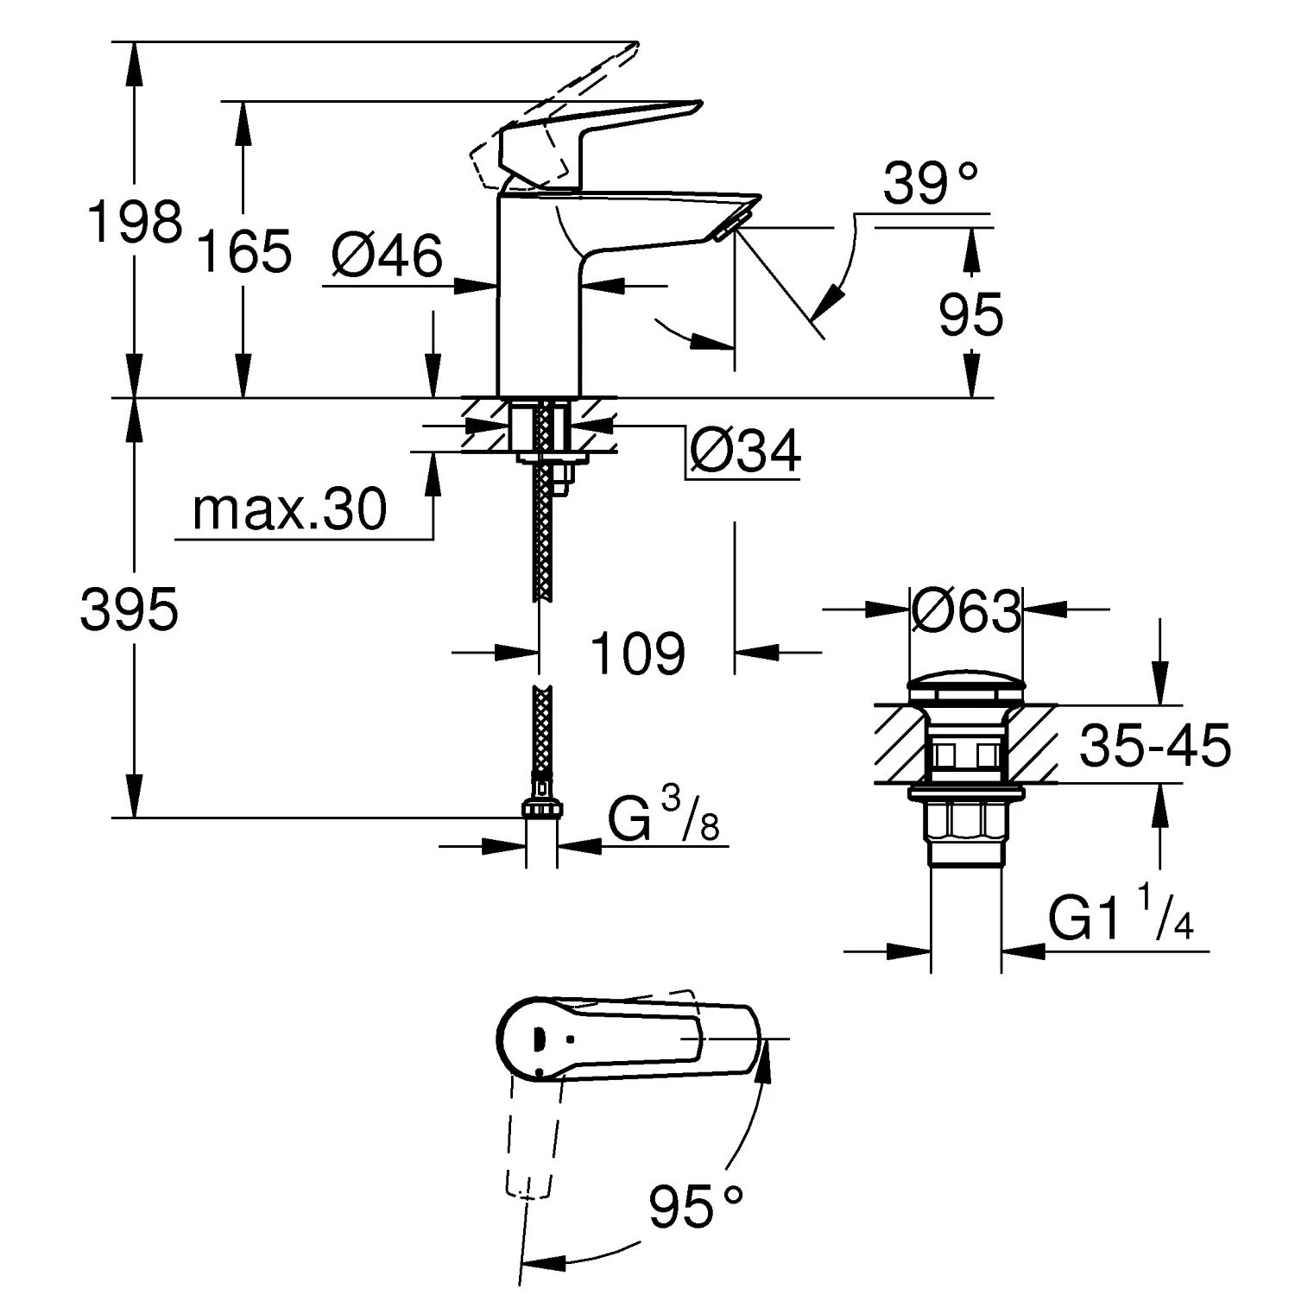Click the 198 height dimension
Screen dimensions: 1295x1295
pos(136,222)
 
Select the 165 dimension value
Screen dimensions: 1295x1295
pos(244,251)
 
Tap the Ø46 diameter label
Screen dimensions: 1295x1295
pos(386,256)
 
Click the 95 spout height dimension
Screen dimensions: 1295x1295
pos(971,314)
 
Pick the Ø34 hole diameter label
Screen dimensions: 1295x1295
pos(745,450)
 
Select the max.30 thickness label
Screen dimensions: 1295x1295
pos(289,509)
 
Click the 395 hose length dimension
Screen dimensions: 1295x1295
pos(129,609)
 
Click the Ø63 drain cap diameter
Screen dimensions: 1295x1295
pos(965,611)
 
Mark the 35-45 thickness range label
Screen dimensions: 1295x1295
pos(1154,746)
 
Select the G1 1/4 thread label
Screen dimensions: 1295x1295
pos(1121,919)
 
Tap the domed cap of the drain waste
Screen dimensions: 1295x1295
pos(965,691)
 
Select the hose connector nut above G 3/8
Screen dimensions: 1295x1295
pos(540,808)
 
